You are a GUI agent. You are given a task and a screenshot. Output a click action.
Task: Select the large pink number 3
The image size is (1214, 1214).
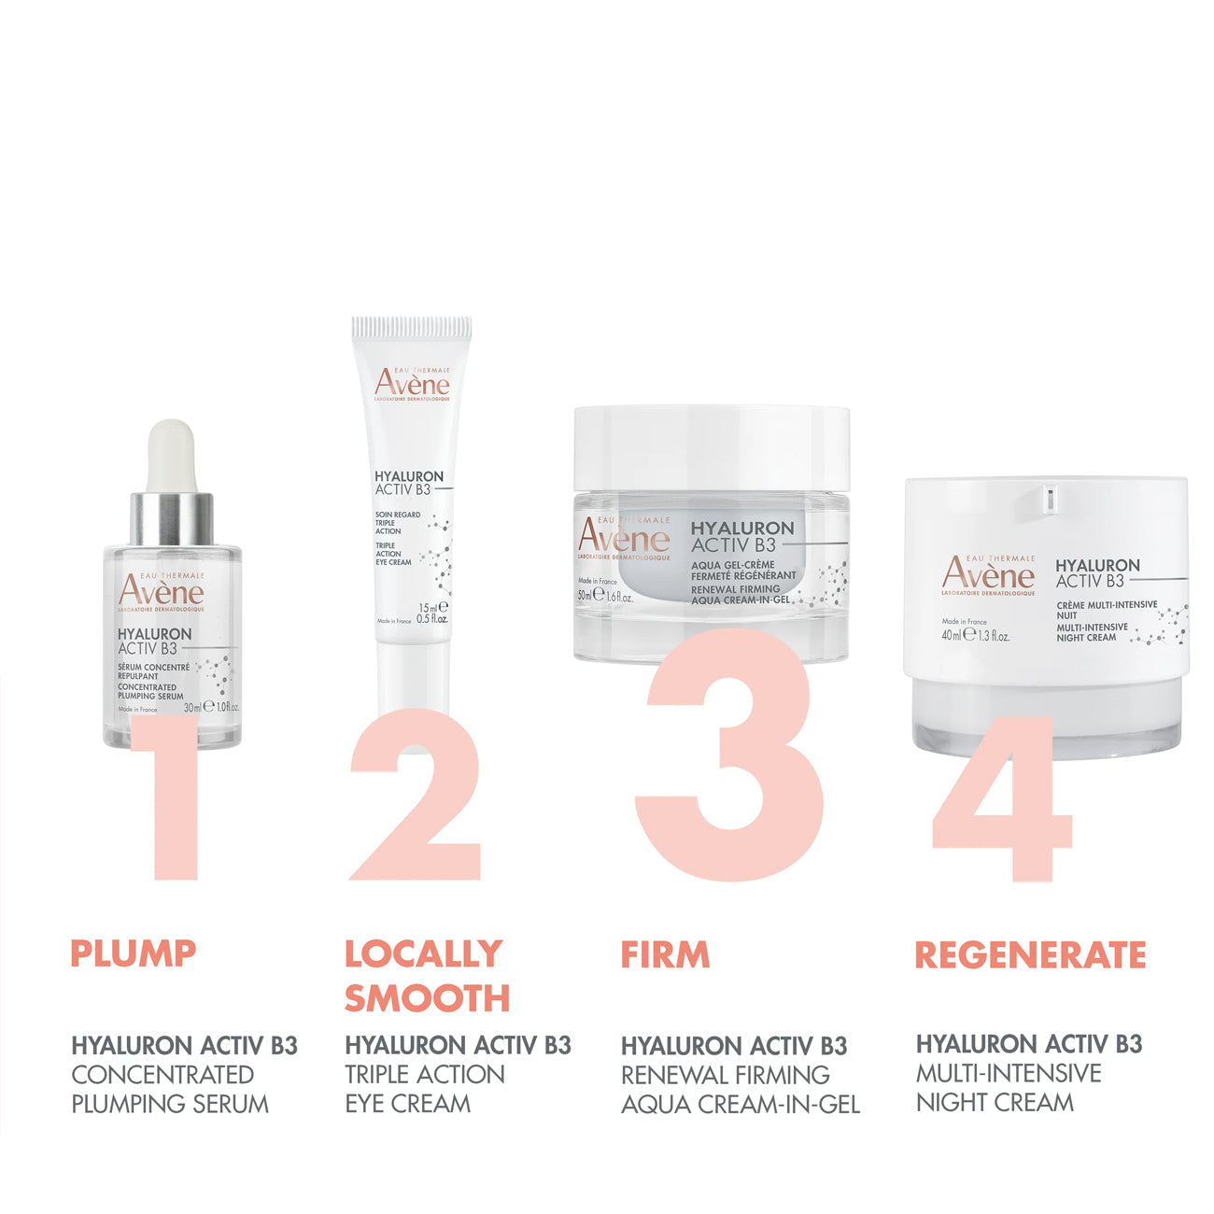click(728, 756)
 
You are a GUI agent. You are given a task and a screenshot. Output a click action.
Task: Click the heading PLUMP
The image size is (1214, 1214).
click(134, 953)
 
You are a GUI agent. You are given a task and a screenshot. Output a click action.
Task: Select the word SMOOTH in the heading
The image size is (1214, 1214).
click(427, 998)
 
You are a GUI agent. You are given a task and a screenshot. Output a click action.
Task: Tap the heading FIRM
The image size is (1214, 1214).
click(665, 954)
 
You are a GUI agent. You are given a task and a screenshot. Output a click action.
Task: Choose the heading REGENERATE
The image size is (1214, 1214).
click(1029, 954)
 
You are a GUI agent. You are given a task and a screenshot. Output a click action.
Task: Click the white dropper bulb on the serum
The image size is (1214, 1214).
click(171, 456)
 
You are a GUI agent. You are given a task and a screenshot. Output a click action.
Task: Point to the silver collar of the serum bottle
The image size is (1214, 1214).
click(171, 518)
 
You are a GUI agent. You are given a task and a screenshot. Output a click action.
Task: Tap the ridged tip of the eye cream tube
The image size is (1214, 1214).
click(412, 329)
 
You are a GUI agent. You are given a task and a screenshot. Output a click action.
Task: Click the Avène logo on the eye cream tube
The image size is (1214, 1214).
click(412, 384)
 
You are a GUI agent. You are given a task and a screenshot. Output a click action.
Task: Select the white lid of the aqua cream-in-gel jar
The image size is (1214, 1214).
click(712, 448)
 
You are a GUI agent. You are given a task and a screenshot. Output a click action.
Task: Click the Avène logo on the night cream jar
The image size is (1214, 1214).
click(988, 573)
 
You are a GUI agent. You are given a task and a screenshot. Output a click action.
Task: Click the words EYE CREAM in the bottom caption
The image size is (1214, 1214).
click(408, 1104)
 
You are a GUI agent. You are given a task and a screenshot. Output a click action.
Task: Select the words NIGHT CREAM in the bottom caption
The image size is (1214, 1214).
click(995, 1102)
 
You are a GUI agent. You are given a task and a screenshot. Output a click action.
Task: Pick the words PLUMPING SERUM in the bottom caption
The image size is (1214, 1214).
click(170, 1104)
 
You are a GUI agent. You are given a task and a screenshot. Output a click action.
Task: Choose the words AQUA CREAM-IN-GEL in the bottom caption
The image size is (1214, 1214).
click(741, 1105)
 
